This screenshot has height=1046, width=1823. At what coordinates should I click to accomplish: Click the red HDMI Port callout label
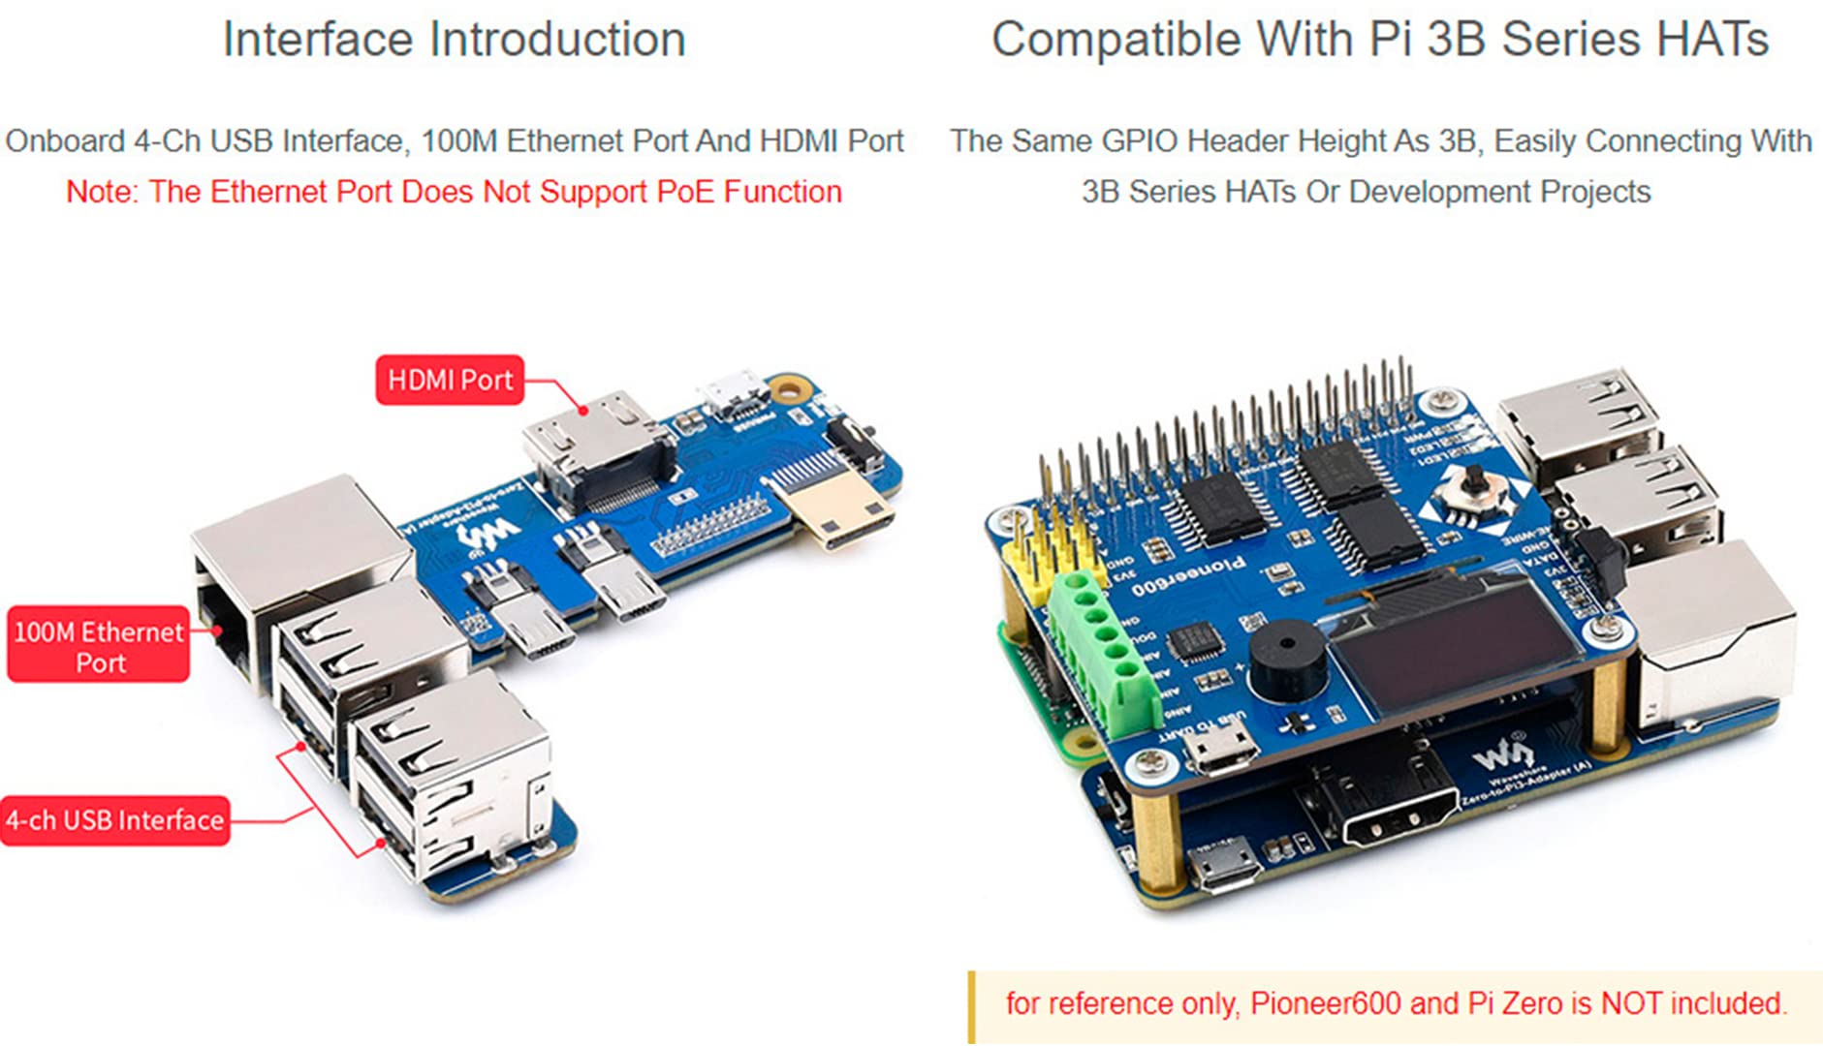450,380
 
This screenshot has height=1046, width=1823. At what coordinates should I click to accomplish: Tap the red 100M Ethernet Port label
98,646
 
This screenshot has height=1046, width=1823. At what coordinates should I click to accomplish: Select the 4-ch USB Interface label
115,820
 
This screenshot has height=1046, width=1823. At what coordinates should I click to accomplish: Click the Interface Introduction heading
454,40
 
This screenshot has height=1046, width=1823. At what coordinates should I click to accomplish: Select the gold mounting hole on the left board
789,390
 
